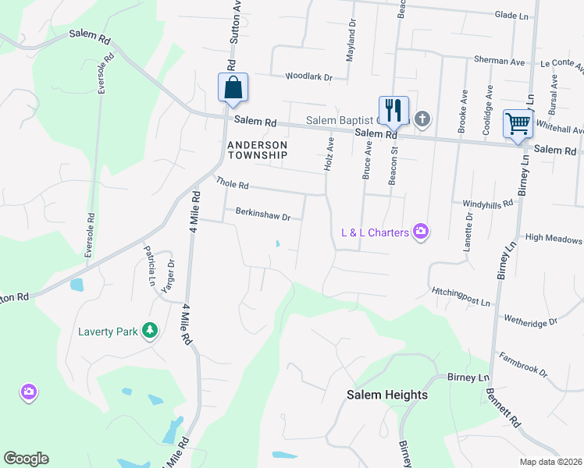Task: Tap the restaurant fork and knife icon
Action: pos(393,110)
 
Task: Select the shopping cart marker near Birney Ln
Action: pos(518,123)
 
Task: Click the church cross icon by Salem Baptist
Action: pos(422,119)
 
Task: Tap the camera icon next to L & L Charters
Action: pos(422,231)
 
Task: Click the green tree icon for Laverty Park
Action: pos(149,331)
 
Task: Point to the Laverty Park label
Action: pos(108,331)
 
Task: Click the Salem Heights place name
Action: pos(387,395)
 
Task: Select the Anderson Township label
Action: pos(258,150)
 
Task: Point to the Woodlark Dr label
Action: pos(309,77)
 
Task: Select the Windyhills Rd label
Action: pos(487,203)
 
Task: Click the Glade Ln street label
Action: pos(511,15)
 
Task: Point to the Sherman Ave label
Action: pos(500,61)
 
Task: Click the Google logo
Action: pos(26,459)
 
